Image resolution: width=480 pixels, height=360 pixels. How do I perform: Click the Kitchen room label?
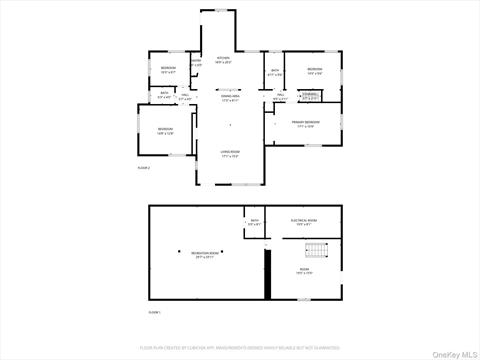click(x=223, y=61)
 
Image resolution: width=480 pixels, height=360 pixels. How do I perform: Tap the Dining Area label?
click(x=230, y=99)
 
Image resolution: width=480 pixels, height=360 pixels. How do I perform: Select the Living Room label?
click(x=230, y=154)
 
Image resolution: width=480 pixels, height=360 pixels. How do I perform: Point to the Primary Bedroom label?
click(x=304, y=125)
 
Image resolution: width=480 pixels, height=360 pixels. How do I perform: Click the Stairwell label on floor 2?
click(x=310, y=98)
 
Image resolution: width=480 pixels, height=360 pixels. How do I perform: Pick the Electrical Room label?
click(x=304, y=222)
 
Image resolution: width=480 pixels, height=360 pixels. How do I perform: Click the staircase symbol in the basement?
click(x=316, y=250)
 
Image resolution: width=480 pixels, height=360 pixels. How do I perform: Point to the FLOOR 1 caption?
click(x=154, y=313)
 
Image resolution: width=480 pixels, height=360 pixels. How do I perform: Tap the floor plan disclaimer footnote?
click(x=240, y=346)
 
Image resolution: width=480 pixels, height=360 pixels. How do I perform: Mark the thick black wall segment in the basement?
click(x=267, y=274)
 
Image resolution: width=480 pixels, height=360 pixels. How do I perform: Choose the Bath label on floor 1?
click(x=254, y=222)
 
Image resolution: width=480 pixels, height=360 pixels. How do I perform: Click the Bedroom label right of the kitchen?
click(x=314, y=70)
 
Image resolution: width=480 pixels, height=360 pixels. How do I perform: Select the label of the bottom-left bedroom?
click(x=164, y=131)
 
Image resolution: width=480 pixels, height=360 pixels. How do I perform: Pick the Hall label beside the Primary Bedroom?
click(x=280, y=98)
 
